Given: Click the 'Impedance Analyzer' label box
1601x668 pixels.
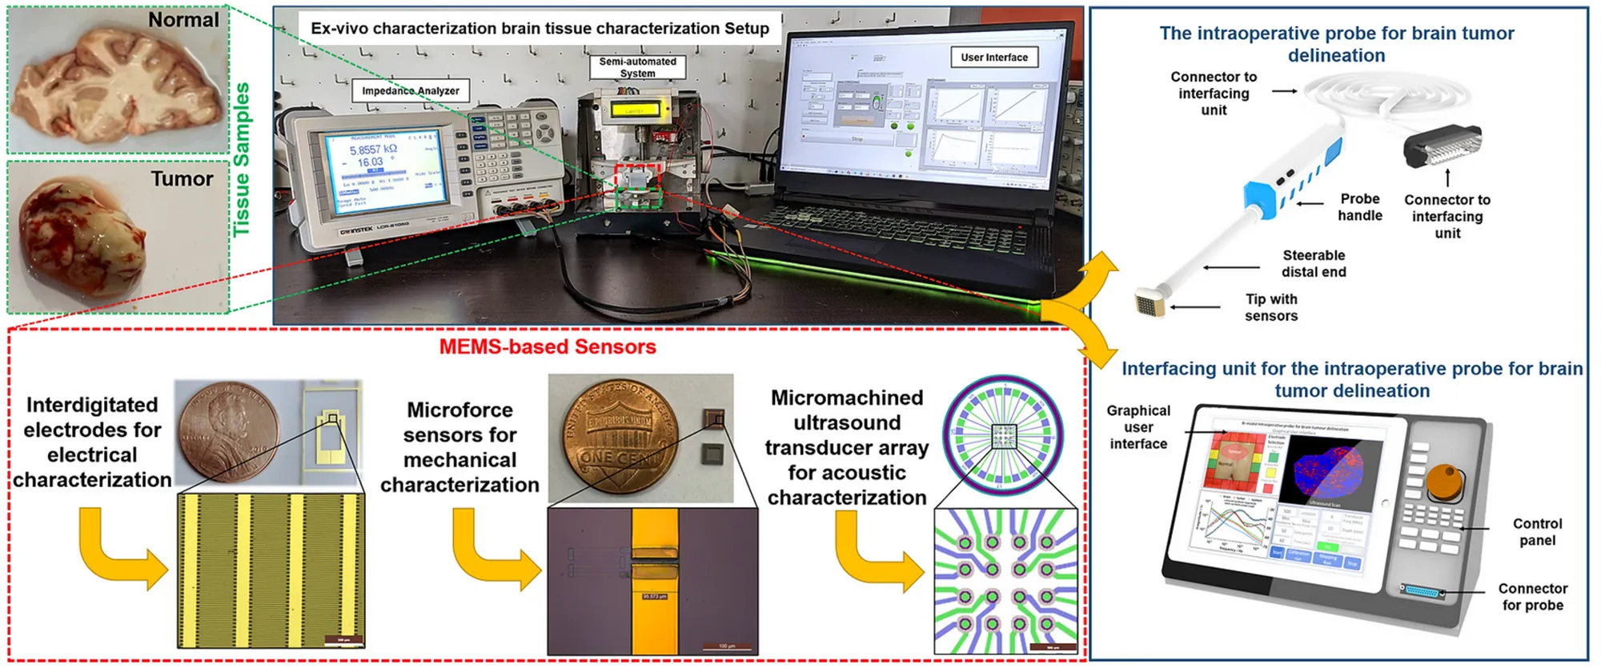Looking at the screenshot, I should click(410, 91).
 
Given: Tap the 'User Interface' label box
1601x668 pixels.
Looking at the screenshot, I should click(994, 58).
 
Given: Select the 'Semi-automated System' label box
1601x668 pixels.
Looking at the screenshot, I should click(637, 67).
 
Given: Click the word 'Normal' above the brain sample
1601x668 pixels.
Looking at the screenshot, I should click(183, 20).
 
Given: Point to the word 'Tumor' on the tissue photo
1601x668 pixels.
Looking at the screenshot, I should click(182, 178).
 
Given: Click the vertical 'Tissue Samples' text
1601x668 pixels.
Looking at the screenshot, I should click(242, 159).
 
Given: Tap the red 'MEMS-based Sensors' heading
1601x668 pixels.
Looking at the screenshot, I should click(548, 346).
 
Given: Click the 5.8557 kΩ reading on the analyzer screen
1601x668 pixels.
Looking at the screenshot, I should click(373, 150).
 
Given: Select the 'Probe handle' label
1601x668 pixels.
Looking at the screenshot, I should click(1359, 207).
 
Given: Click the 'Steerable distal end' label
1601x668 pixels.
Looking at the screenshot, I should click(1314, 263).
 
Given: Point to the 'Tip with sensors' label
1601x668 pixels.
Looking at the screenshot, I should click(1271, 307).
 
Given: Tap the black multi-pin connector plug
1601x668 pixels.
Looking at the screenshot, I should click(1442, 145).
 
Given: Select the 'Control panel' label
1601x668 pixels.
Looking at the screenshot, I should click(1537, 532).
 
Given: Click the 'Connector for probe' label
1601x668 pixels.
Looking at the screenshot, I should click(1532, 597).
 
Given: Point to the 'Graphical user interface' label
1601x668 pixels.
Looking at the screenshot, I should click(1138, 427).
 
